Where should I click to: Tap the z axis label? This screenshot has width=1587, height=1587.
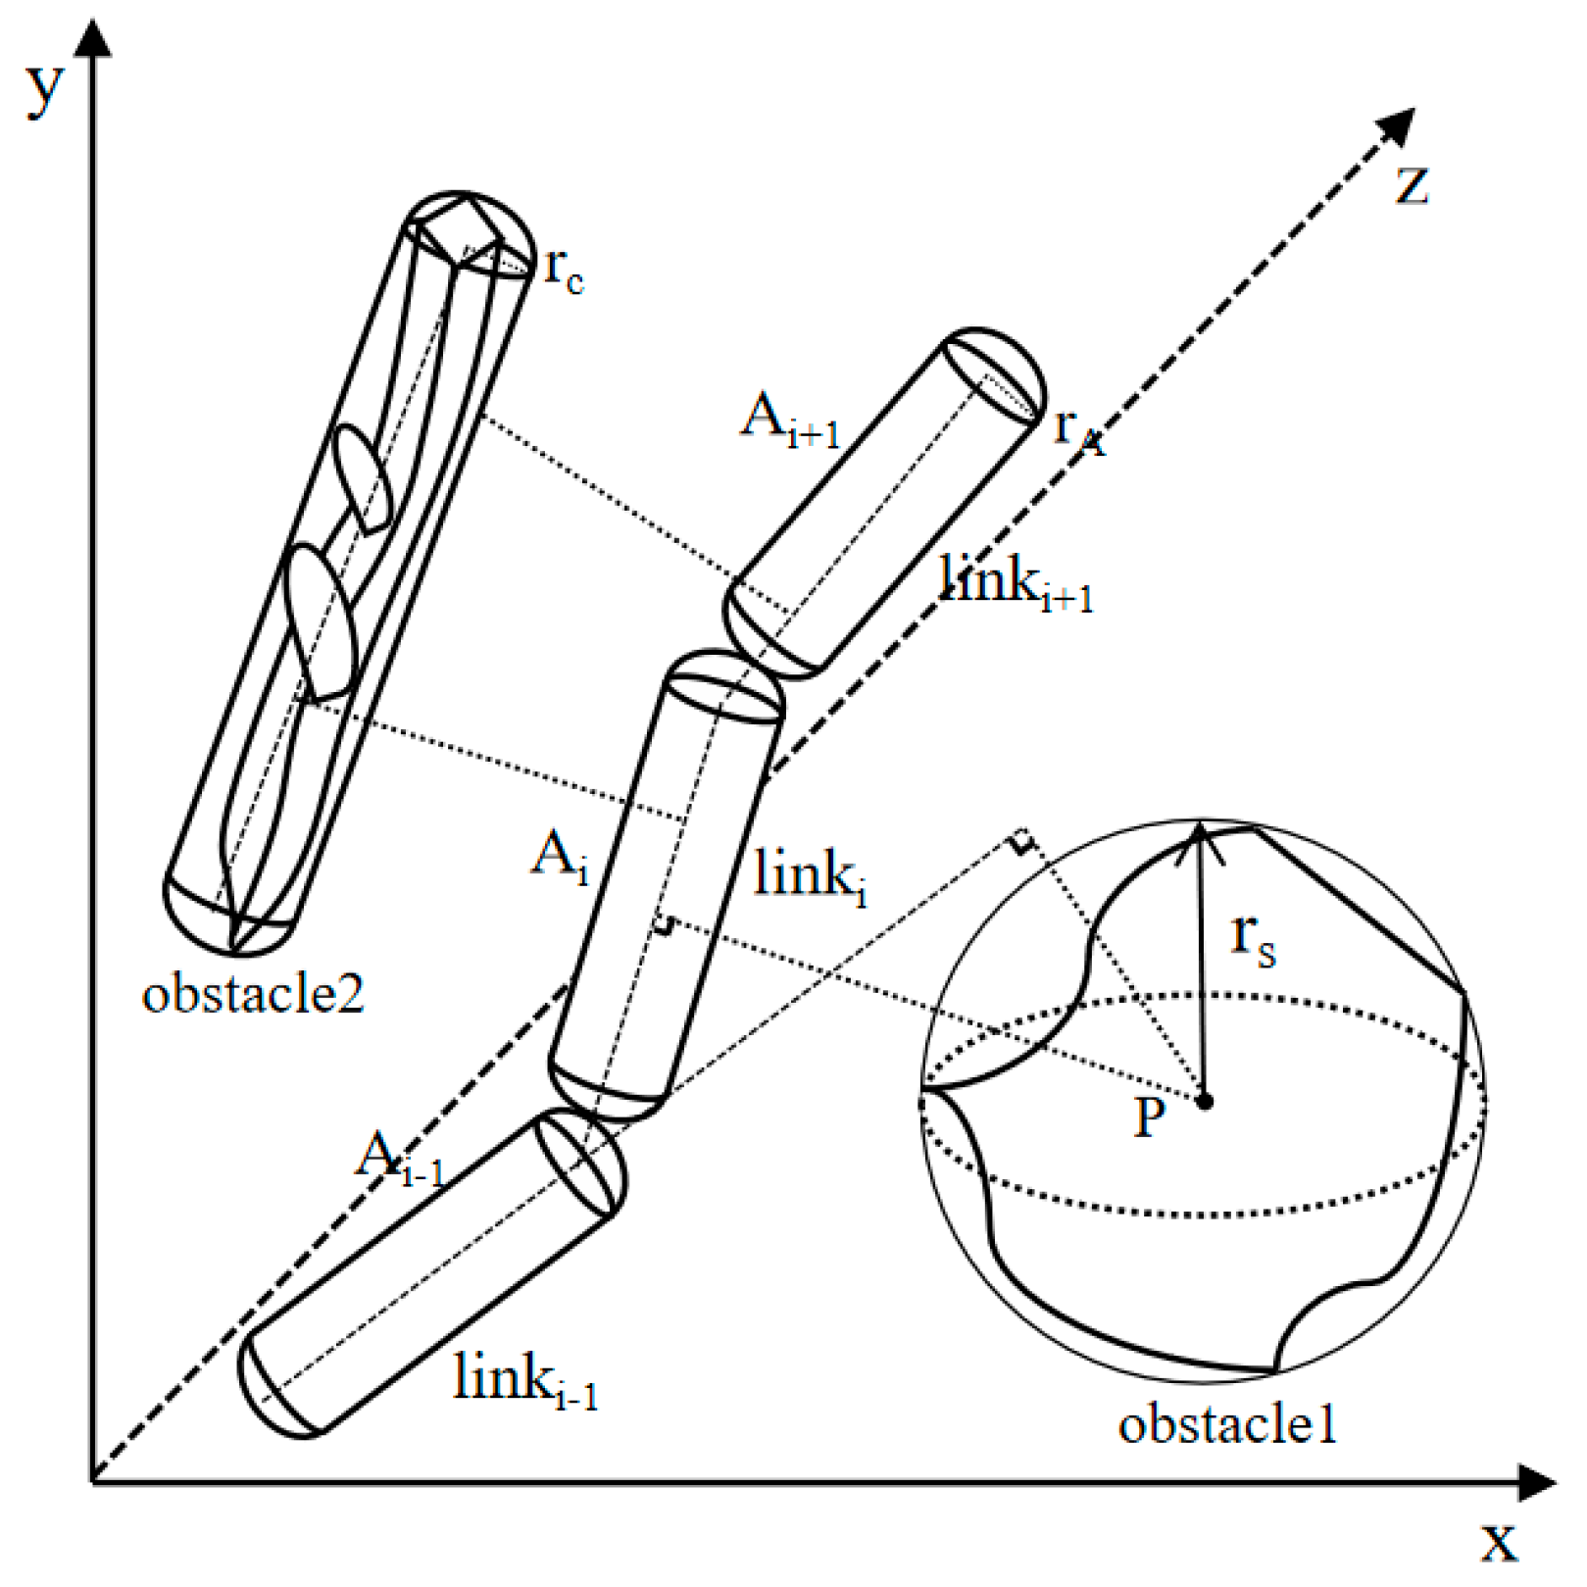click(1412, 185)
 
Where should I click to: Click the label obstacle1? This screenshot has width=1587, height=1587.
click(1227, 1423)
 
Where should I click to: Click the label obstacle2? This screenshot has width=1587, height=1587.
click(253, 994)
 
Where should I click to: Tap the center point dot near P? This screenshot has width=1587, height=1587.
click(1206, 1102)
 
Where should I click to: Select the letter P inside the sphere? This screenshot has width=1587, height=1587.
click(1149, 1116)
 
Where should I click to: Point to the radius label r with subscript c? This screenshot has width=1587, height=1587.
click(564, 269)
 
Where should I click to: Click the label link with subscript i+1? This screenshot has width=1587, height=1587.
click(1015, 582)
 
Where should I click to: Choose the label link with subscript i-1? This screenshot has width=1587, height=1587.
click(524, 1380)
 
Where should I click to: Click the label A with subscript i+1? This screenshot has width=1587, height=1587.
click(789, 420)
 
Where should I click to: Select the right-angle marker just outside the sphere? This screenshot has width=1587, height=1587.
click(1021, 841)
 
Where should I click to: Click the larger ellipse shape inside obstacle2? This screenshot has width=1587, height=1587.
click(319, 622)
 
